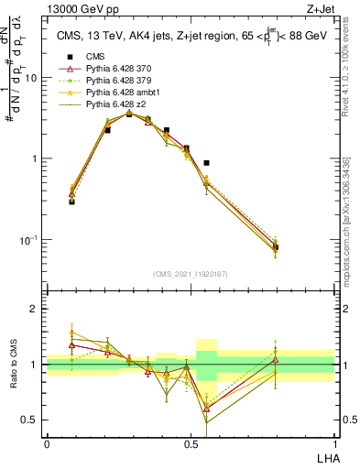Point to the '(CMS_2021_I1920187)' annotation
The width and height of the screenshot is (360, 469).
191,275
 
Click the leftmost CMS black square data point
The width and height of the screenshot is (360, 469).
71,201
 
